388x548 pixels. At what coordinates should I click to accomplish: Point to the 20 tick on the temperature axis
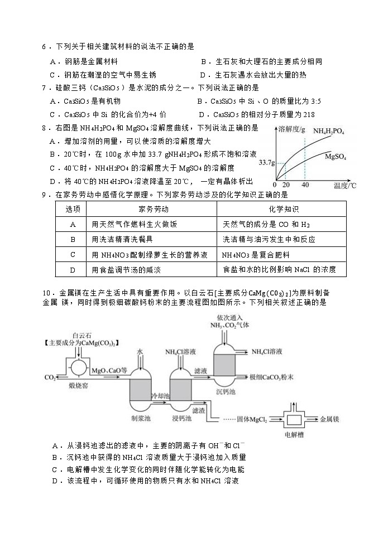pyautogui.click(x=286, y=185)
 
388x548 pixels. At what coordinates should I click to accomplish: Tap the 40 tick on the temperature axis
pyautogui.click(x=305, y=185)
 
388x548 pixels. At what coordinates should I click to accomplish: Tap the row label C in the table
pyautogui.click(x=73, y=254)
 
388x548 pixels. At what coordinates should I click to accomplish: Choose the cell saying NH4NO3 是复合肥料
pyautogui.click(x=255, y=254)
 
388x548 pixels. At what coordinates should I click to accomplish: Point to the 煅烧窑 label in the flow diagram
pyautogui.click(x=78, y=385)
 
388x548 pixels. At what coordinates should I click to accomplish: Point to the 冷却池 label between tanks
pyautogui.click(x=160, y=394)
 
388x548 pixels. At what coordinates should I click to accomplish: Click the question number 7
pyautogui.click(x=44, y=88)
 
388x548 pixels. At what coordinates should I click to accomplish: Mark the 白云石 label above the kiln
pyautogui.click(x=82, y=336)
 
